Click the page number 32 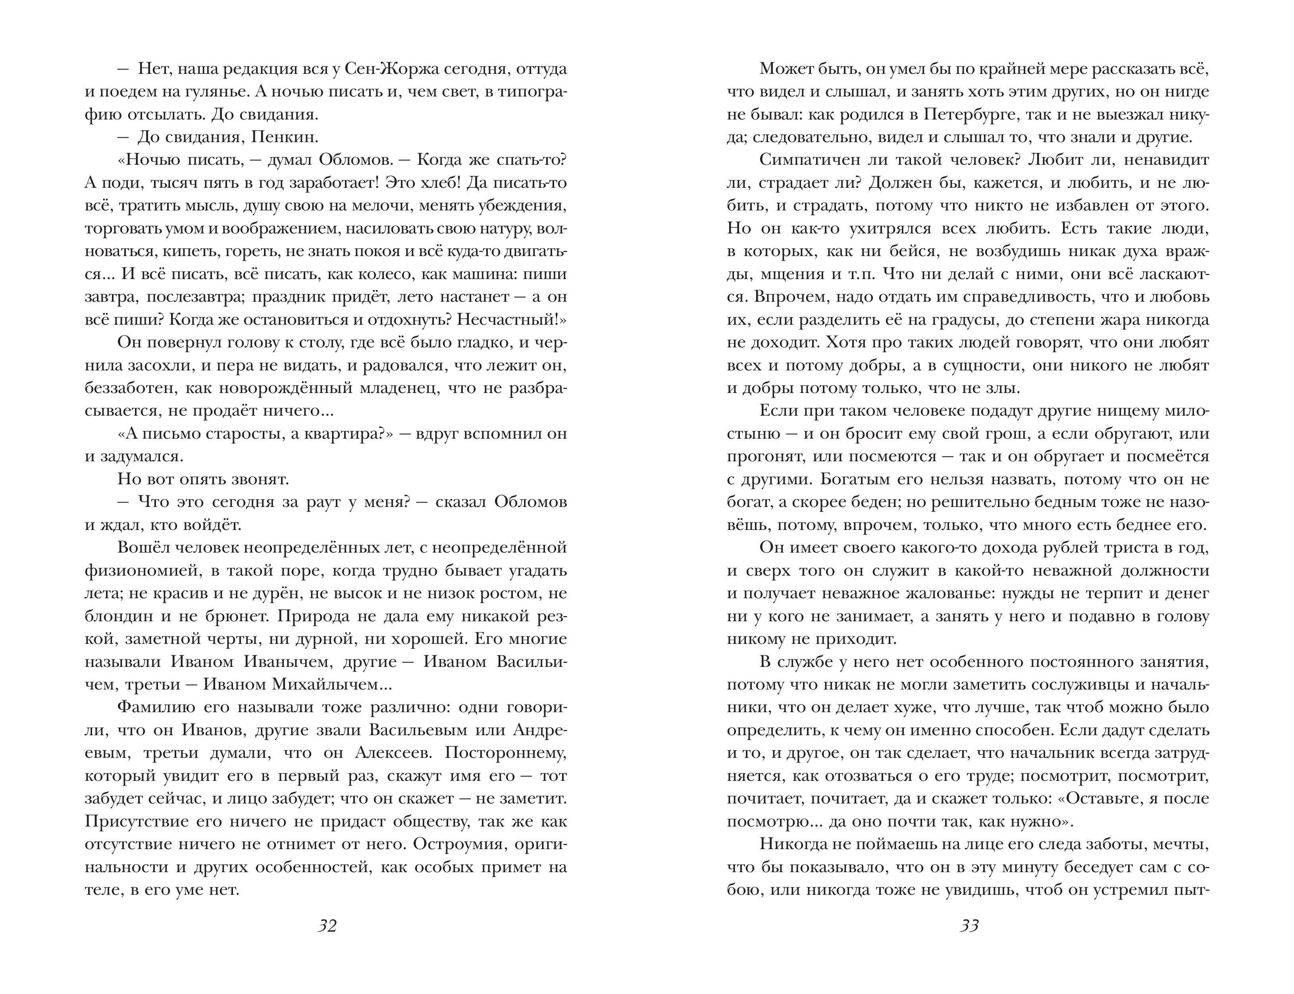327,925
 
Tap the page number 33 969,925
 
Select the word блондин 119,616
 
